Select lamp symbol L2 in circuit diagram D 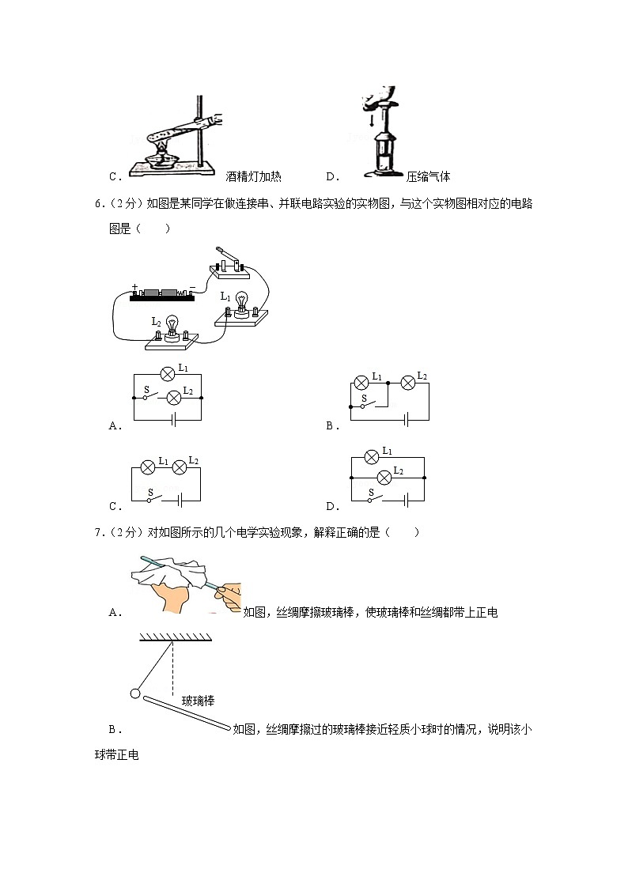point(384,477)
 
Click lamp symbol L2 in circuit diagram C point(179,467)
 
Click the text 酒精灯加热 point(253,177)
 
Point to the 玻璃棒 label point(199,701)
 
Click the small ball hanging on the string point(134,694)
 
